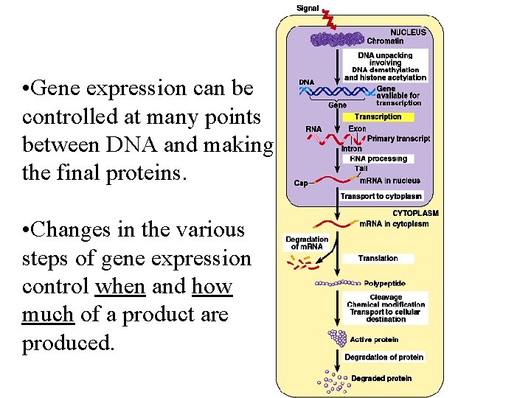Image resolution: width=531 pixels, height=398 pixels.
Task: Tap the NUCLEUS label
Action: (x=408, y=32)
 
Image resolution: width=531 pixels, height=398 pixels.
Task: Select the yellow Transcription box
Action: (x=378, y=116)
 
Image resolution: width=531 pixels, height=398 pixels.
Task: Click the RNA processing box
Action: (x=378, y=158)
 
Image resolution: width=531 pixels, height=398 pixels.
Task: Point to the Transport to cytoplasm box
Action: (x=381, y=196)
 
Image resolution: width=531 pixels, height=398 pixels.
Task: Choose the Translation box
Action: (x=378, y=258)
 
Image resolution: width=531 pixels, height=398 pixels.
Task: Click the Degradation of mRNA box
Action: (x=307, y=242)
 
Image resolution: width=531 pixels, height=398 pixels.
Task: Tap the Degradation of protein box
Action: (x=383, y=357)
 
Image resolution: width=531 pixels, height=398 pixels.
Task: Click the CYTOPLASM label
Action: (x=415, y=213)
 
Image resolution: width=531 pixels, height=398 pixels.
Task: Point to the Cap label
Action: (x=301, y=184)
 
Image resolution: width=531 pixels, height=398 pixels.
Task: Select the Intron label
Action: (x=352, y=148)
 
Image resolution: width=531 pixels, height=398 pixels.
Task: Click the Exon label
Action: (x=357, y=128)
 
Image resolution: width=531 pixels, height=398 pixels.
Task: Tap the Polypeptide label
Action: (x=384, y=283)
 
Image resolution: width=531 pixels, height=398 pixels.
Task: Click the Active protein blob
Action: (x=338, y=338)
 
